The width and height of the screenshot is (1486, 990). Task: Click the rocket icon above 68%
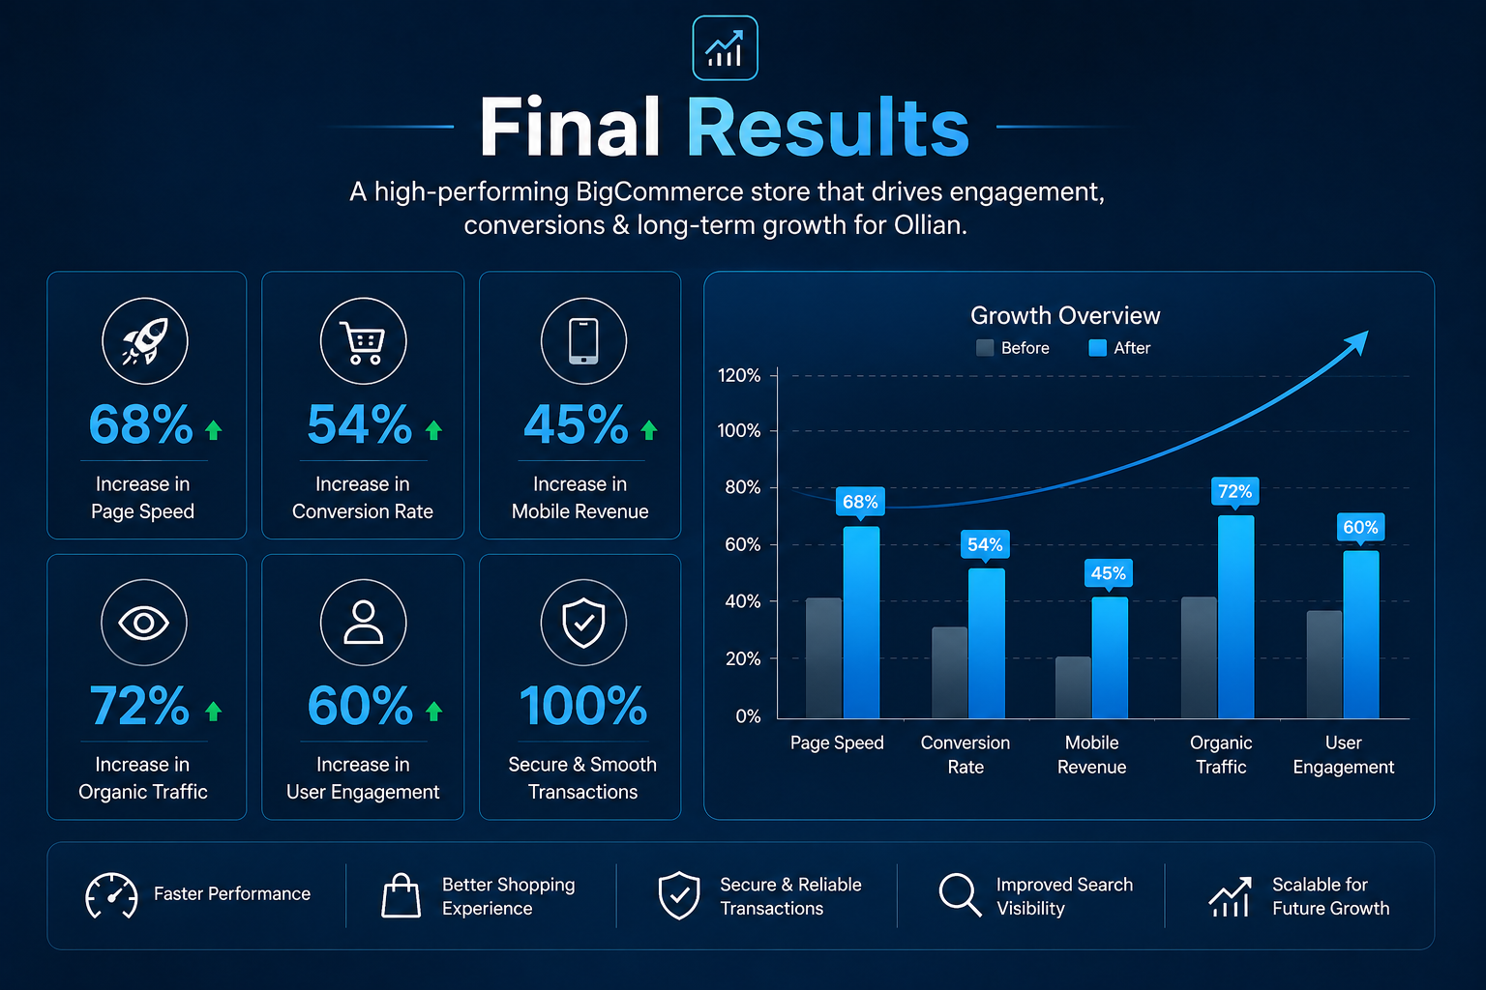point(144,341)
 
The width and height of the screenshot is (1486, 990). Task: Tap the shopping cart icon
point(363,342)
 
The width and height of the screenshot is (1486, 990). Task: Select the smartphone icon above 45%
point(583,341)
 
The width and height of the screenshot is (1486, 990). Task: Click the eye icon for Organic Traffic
point(144,623)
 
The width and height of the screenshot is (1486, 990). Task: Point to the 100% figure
point(583,706)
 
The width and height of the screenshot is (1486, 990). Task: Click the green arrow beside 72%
point(214,712)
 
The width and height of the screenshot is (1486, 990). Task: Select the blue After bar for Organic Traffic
point(1235,617)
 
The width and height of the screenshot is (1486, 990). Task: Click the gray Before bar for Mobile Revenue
point(1073,687)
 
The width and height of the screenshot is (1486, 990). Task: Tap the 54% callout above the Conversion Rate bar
point(985,545)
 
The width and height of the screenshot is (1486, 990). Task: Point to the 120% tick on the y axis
point(739,375)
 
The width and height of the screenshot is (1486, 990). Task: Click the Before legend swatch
point(985,348)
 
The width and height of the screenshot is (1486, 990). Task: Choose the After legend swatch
point(1098,348)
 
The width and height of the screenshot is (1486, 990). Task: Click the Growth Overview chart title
point(1065,315)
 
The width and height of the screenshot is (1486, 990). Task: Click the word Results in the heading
point(828,126)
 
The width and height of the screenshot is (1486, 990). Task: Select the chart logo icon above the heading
point(725,48)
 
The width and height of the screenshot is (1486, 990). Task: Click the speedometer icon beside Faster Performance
point(111,896)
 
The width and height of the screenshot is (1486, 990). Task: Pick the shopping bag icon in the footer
point(401,896)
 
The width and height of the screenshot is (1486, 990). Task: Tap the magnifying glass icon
point(961,895)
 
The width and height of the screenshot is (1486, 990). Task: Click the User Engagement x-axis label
point(1344,755)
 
